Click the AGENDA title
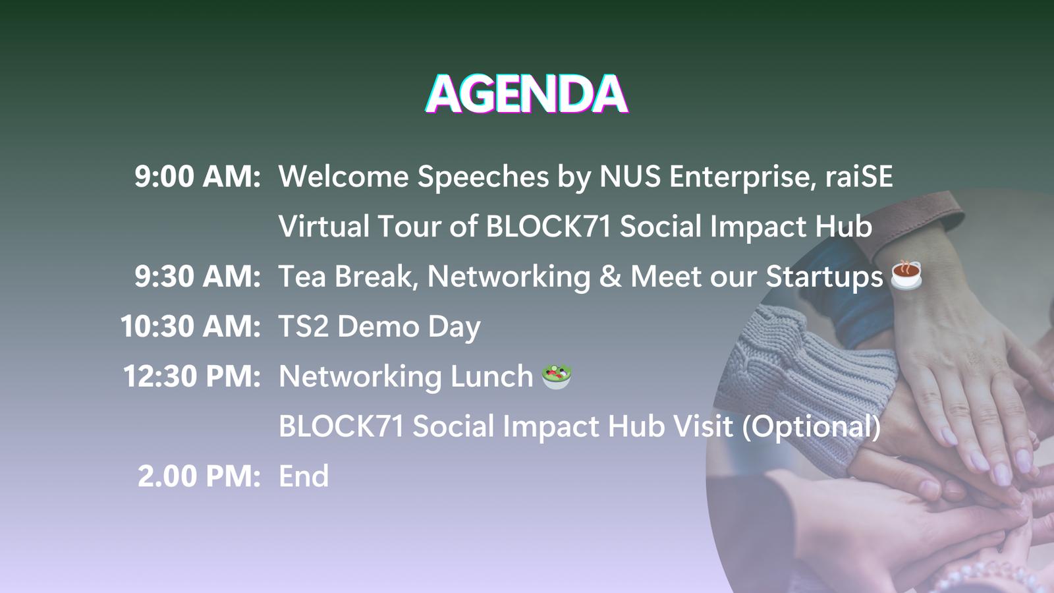point(526,94)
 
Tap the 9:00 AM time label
point(198,177)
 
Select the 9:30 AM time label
point(198,276)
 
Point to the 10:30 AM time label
point(190,326)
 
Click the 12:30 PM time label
point(192,376)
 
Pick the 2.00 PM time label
point(199,476)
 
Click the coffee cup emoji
point(906,275)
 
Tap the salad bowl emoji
point(557,376)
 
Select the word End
point(304,476)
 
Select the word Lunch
point(491,376)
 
